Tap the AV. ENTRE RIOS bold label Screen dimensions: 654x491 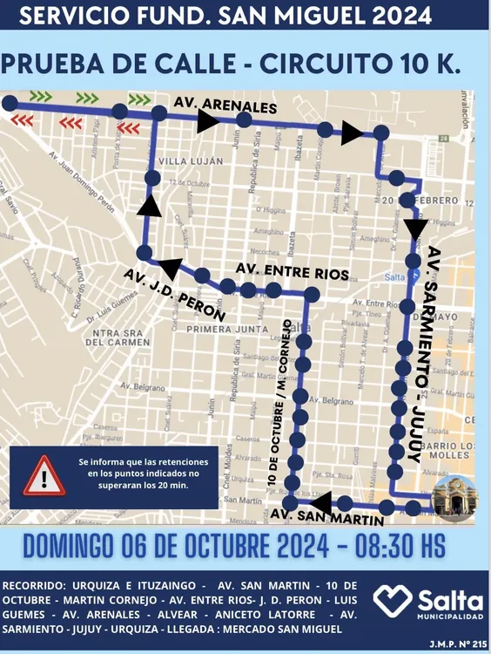(293, 274)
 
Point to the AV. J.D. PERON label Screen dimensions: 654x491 (174, 294)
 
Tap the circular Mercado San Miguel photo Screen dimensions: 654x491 (454, 498)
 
